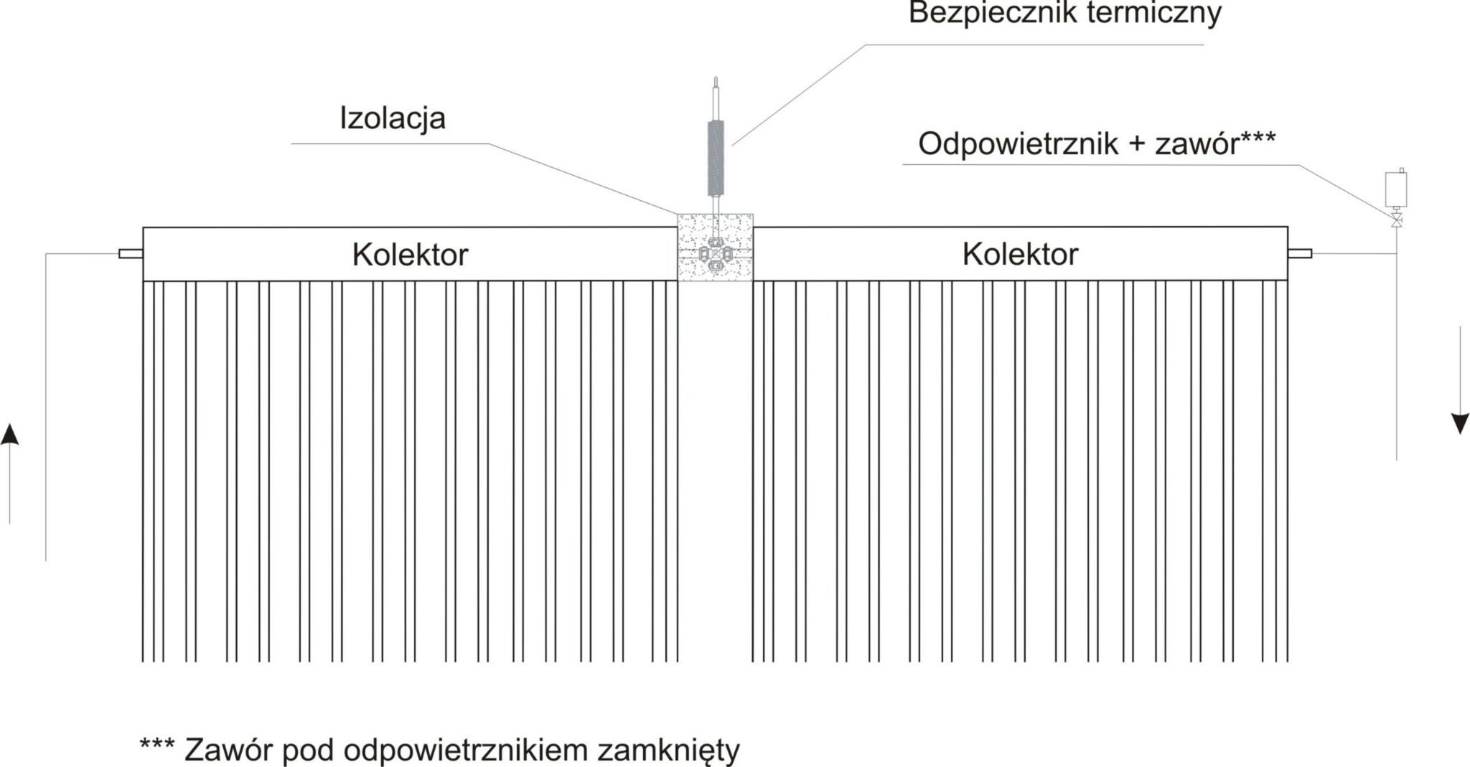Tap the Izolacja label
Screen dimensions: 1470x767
coord(393,119)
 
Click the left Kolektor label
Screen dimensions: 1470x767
coord(410,255)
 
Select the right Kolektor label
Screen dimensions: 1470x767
coord(1020,254)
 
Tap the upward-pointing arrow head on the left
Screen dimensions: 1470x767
coord(9,433)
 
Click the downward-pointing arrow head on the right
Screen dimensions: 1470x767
coord(1460,424)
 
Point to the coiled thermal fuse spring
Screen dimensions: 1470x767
coord(716,158)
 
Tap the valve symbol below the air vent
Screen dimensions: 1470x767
coord(1396,220)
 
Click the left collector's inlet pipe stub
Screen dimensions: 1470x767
coord(131,253)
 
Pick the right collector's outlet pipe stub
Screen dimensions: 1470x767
coord(1300,253)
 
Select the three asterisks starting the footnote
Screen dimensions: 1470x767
coord(157,744)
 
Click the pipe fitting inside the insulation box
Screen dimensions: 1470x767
coord(715,255)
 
